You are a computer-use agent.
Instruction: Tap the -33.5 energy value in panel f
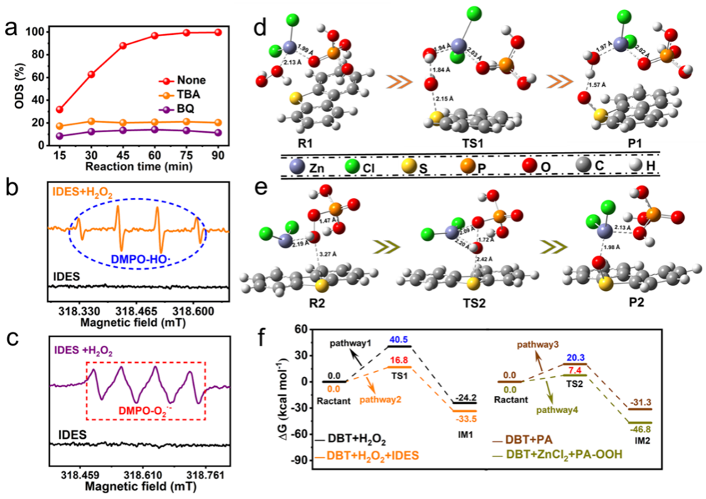coord(462,419)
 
